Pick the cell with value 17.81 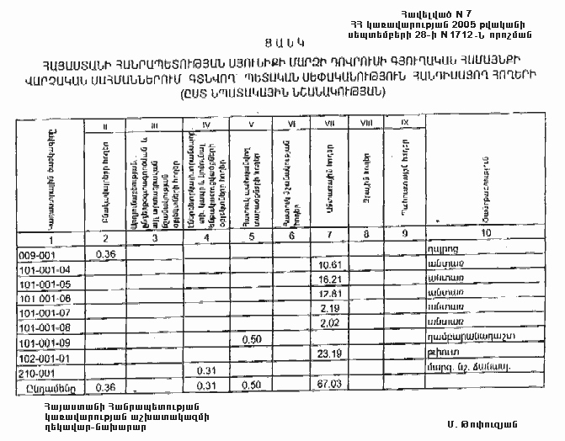328,294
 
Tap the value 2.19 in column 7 329,308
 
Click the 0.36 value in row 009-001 105,253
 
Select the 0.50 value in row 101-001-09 250,338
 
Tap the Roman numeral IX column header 404,124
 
